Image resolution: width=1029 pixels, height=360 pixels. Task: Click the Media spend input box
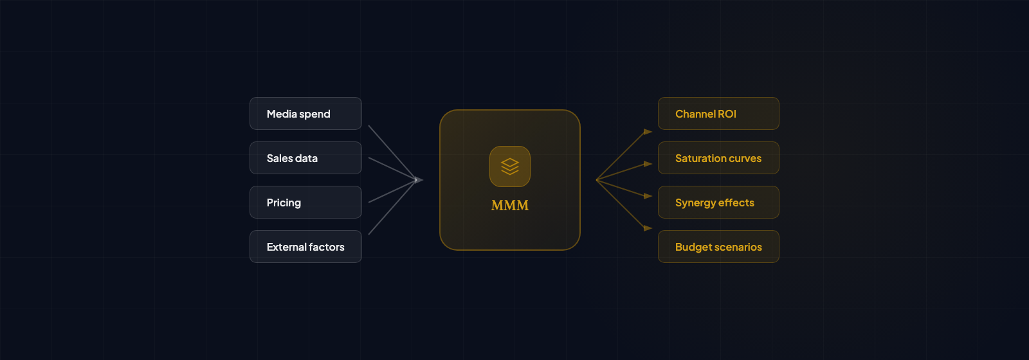point(305,114)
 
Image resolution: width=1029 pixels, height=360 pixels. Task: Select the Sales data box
point(305,158)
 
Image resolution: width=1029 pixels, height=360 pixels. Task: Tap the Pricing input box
point(305,203)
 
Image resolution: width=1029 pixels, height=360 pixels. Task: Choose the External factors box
point(305,247)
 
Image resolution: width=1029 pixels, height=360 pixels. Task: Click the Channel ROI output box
point(718,114)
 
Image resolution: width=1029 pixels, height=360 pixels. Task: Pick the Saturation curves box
point(718,158)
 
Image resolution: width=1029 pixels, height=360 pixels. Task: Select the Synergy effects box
point(718,203)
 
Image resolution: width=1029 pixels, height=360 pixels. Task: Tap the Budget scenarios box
point(718,247)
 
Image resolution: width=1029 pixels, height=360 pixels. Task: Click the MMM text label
point(510,206)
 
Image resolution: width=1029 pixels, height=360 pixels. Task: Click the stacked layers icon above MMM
point(510,166)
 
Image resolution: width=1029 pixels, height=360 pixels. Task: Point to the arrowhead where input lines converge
point(419,180)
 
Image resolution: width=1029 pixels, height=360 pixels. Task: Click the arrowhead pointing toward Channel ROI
point(648,132)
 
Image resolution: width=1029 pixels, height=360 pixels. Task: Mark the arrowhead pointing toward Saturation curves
point(648,164)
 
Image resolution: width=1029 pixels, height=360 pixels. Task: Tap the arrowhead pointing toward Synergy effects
point(648,195)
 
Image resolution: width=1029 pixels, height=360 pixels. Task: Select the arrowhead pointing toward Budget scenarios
point(648,228)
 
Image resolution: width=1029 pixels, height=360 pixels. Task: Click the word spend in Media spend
point(315,114)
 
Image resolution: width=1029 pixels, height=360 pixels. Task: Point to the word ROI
point(727,114)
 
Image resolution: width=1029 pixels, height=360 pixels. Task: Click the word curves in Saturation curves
point(745,158)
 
